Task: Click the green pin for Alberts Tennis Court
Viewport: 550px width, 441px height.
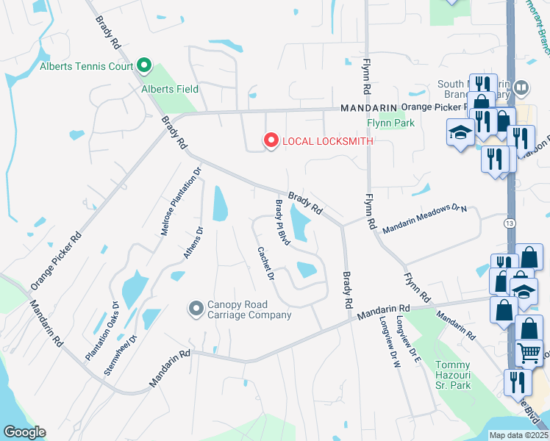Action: (x=144, y=67)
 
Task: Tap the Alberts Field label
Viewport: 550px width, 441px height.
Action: (x=170, y=89)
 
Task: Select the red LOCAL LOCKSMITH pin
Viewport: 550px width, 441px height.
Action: (x=271, y=140)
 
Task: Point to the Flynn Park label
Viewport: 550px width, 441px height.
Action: (x=391, y=123)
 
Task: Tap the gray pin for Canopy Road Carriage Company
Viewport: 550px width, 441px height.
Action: (x=196, y=309)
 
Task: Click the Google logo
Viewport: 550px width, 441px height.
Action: (x=24, y=432)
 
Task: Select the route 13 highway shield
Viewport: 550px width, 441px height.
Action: (x=510, y=222)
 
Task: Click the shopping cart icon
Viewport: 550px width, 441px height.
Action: (x=529, y=354)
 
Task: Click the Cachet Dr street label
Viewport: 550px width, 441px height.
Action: (x=265, y=264)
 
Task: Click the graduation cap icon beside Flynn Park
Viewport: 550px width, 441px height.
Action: (x=460, y=133)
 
